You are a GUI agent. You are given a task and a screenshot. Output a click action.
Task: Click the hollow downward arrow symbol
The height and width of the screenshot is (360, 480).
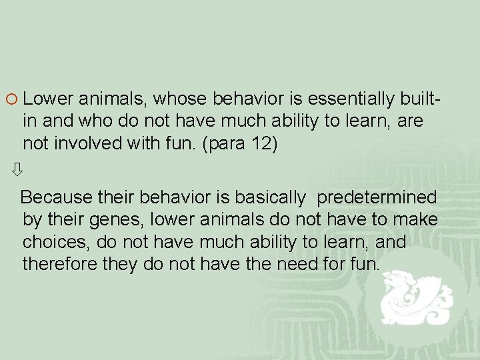click(x=17, y=170)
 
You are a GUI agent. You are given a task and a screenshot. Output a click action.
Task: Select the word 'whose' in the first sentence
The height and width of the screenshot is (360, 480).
click(x=182, y=99)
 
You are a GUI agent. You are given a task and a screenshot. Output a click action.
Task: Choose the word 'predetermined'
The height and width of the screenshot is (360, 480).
click(x=377, y=198)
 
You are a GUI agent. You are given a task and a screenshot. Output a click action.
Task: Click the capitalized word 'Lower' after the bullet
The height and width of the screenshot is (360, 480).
click(x=48, y=99)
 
